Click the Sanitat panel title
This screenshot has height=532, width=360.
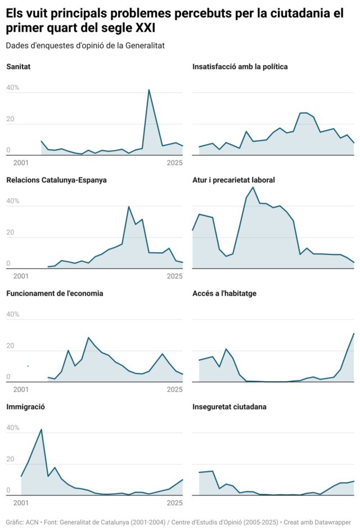18,67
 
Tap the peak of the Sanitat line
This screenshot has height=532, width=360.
149,90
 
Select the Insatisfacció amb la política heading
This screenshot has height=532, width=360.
240,67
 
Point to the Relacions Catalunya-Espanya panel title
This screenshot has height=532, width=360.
56,180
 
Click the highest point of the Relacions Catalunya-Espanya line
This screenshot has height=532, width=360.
129,207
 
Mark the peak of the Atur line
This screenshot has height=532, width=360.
253,187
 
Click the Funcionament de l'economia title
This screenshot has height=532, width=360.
55,293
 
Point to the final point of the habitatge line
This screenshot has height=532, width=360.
354,333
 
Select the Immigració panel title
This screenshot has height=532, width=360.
25,406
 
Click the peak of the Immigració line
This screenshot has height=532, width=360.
42,430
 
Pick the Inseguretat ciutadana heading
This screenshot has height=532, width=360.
229,406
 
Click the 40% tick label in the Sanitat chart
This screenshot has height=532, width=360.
12,88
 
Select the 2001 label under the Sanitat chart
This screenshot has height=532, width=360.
21,163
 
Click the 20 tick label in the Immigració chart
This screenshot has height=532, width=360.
10,459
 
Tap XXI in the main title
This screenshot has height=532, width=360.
145,28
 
